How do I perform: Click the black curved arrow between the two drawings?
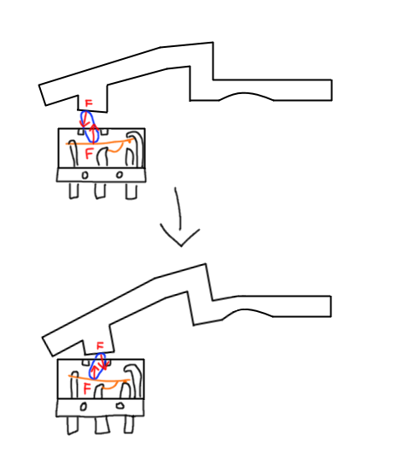click(x=180, y=216)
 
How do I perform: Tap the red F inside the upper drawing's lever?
click(x=89, y=103)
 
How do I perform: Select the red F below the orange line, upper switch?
click(x=89, y=153)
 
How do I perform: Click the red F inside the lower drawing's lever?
click(x=100, y=346)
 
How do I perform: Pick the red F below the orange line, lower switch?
click(x=87, y=389)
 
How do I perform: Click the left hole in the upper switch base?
click(x=85, y=175)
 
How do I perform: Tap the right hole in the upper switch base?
click(x=119, y=174)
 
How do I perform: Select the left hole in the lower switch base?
click(x=84, y=407)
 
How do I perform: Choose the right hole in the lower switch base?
click(x=120, y=406)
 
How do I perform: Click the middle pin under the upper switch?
click(x=100, y=191)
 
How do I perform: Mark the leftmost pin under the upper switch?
click(x=74, y=191)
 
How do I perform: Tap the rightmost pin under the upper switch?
click(x=131, y=191)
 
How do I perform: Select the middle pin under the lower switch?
click(x=102, y=425)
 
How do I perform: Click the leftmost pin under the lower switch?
click(x=73, y=426)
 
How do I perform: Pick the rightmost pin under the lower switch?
click(x=129, y=425)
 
